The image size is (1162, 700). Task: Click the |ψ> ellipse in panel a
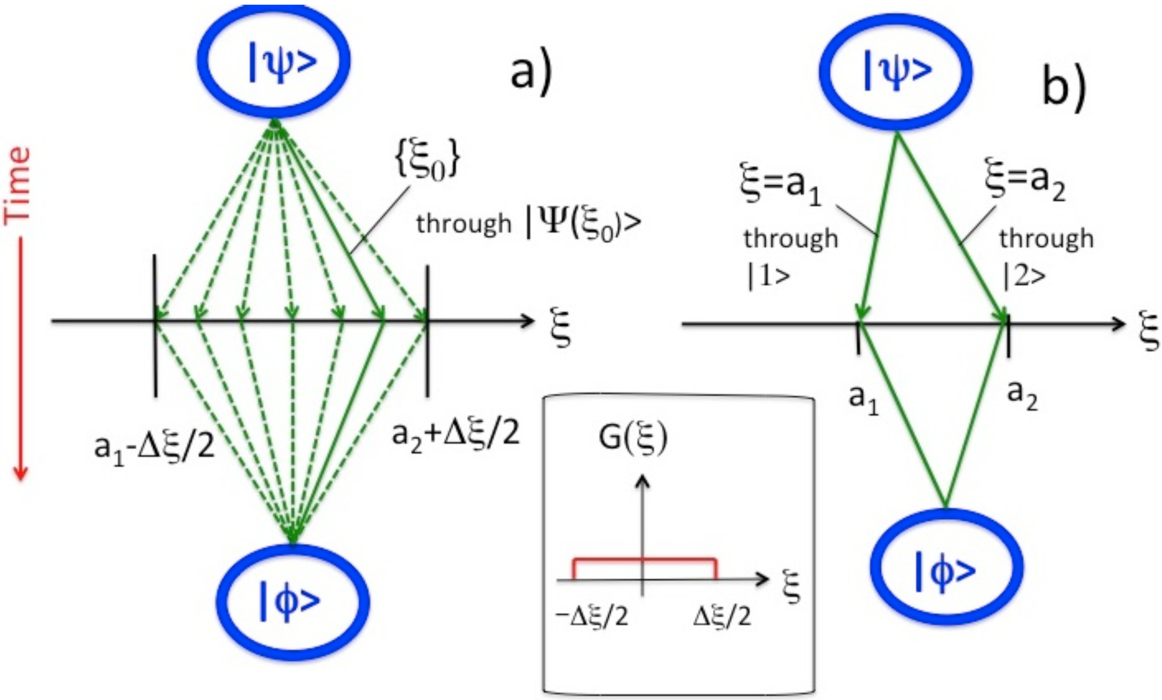pyautogui.click(x=273, y=61)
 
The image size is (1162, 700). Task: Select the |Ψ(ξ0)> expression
pyautogui.click(x=583, y=224)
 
